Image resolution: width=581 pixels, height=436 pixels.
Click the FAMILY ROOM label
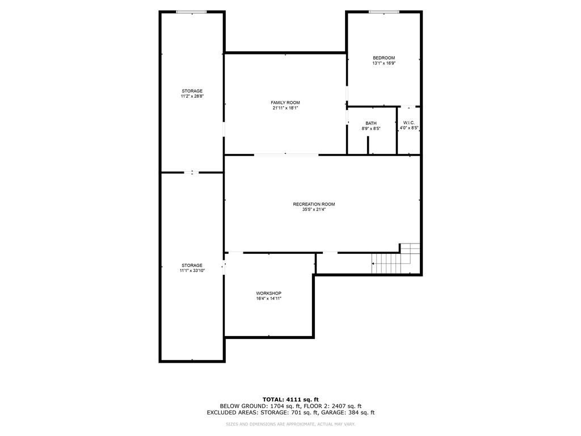(285, 102)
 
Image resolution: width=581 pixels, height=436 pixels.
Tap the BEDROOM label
(384, 58)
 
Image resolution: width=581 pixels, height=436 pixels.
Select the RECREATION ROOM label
(314, 204)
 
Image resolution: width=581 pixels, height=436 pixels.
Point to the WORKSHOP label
(268, 293)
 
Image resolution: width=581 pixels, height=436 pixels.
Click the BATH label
(371, 123)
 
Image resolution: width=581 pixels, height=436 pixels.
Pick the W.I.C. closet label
(409, 123)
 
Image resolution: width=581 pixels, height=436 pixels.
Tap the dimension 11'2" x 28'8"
(192, 97)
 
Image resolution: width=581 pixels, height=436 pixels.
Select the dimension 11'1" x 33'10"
(192, 271)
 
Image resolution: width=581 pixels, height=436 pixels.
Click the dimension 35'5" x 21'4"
(314, 209)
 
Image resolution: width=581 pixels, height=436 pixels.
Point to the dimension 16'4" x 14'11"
(268, 299)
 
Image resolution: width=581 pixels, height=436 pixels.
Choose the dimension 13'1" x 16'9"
(384, 64)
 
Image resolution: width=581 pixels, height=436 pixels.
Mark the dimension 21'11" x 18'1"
(285, 108)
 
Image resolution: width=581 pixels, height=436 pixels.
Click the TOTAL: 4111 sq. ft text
(290, 399)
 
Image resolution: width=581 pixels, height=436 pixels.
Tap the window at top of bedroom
(384, 12)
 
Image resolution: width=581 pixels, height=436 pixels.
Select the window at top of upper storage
(191, 12)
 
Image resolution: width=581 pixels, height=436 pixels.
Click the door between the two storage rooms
(192, 173)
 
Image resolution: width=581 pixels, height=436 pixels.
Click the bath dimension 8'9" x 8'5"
(371, 129)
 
